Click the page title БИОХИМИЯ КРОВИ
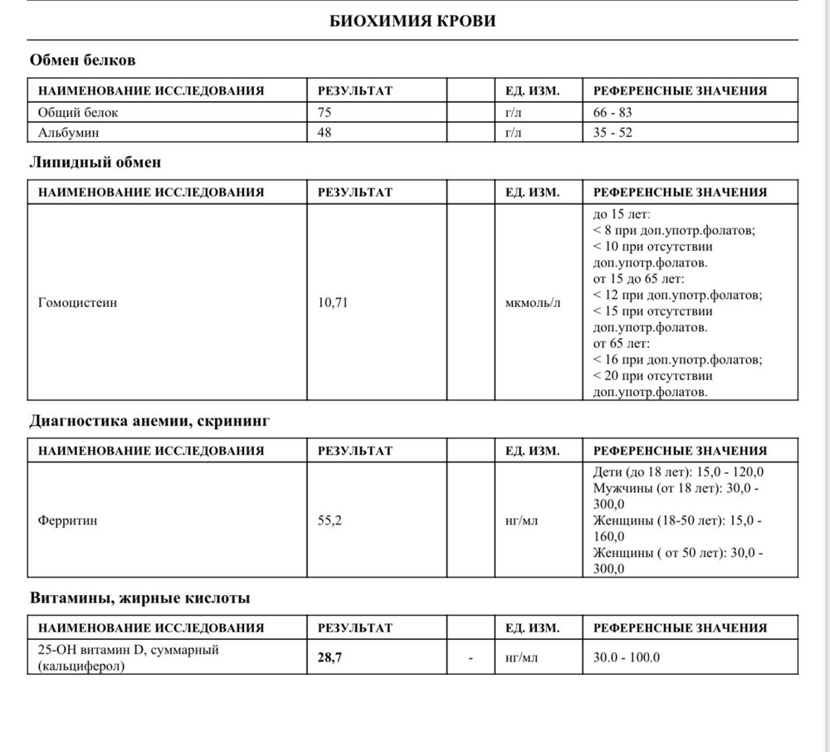point(413,21)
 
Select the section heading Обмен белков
point(82,61)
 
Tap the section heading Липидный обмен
point(95,163)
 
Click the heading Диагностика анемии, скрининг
point(149,422)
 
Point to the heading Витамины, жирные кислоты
point(139,598)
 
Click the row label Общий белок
point(72,112)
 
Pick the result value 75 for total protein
point(325,112)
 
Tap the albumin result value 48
point(325,132)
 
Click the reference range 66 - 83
point(613,112)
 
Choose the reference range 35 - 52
point(613,132)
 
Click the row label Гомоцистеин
point(77,303)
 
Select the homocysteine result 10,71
point(333,303)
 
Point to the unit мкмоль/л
point(533,303)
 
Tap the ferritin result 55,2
point(330,521)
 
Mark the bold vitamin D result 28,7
point(330,657)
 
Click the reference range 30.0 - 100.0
point(627,657)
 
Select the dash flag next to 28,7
point(471,657)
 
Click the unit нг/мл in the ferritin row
point(521,521)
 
